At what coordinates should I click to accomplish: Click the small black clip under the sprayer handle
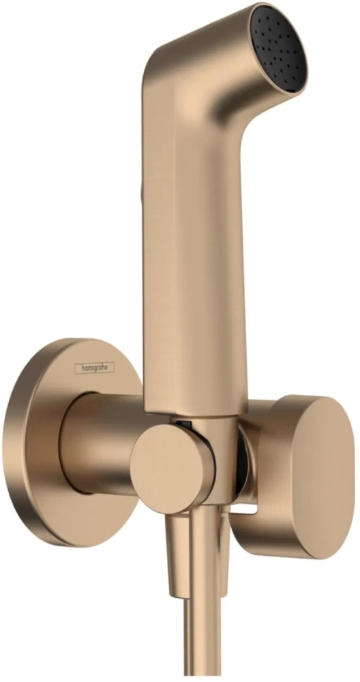point(184,424)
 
